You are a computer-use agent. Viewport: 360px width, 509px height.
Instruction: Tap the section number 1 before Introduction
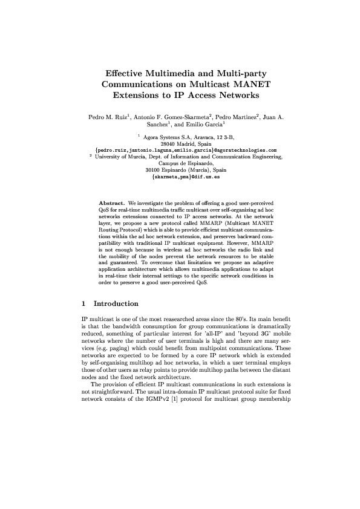coord(83,303)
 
